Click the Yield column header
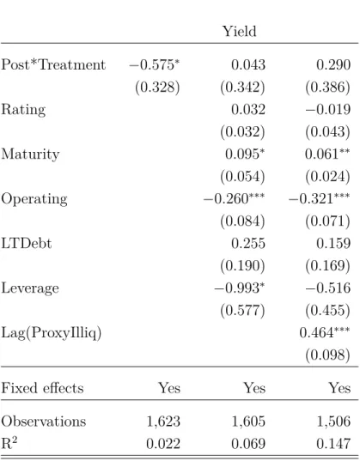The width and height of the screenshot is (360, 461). [x=239, y=32]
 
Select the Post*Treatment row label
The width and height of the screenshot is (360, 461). [x=53, y=64]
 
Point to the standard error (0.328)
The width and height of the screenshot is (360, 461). [x=157, y=88]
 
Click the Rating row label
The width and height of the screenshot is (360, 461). [x=23, y=110]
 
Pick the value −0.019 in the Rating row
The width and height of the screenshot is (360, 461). [x=328, y=109]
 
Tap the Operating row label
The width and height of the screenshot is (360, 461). [x=34, y=200]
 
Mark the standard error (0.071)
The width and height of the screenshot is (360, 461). [x=327, y=221]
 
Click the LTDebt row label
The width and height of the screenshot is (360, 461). [x=27, y=244]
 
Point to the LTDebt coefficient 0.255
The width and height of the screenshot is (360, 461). [x=248, y=244]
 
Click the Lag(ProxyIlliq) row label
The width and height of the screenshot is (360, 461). [x=52, y=333]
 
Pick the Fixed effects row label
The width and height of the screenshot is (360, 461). [x=42, y=388]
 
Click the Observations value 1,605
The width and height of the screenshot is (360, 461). [x=248, y=422]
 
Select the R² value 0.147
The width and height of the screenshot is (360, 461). [x=333, y=444]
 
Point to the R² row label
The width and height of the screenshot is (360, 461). [x=9, y=443]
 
